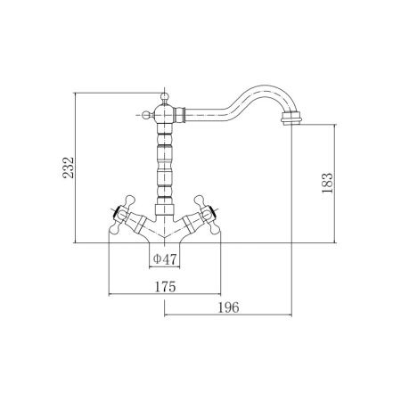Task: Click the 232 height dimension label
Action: [68, 168]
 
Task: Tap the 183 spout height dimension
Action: [327, 183]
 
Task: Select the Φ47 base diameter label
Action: [165, 259]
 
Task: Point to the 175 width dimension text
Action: [165, 287]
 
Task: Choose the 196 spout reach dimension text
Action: [228, 307]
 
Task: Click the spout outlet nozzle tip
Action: [291, 118]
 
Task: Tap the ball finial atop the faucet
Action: [164, 96]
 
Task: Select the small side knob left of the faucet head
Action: [146, 115]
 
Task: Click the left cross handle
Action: [121, 214]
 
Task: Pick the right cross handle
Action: [208, 214]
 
